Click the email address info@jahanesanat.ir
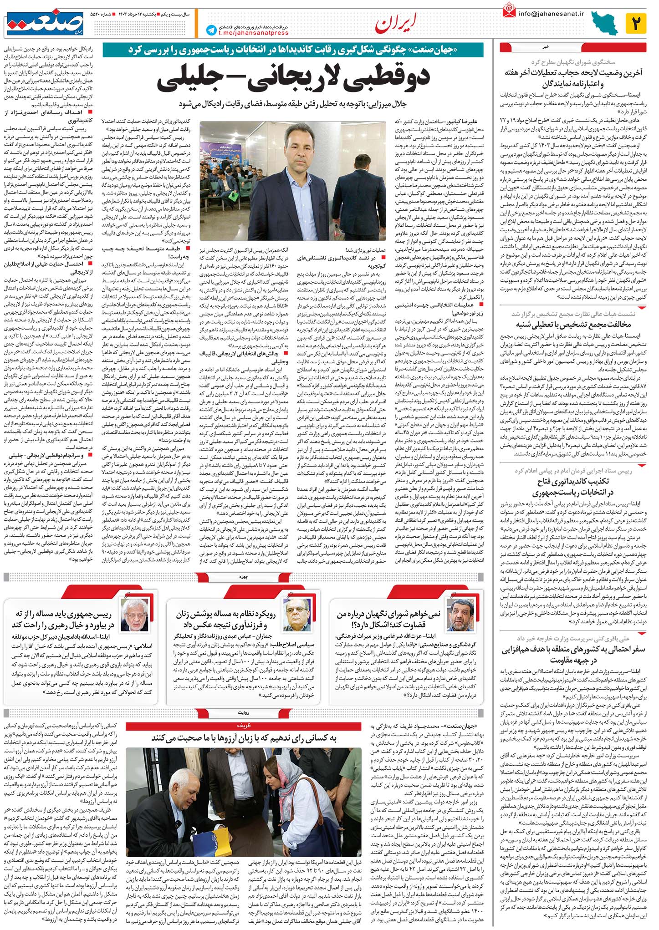(x=551, y=13)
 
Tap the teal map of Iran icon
(x=604, y=23)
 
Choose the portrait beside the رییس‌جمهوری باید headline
(x=132, y=615)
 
